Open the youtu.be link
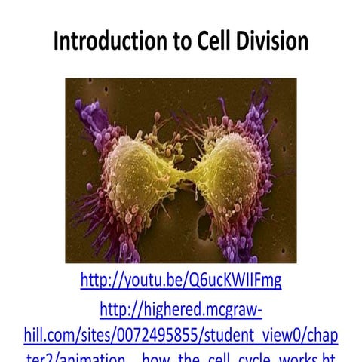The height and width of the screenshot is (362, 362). [x=181, y=281]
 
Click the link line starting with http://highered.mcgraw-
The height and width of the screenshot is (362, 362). [x=181, y=309]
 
